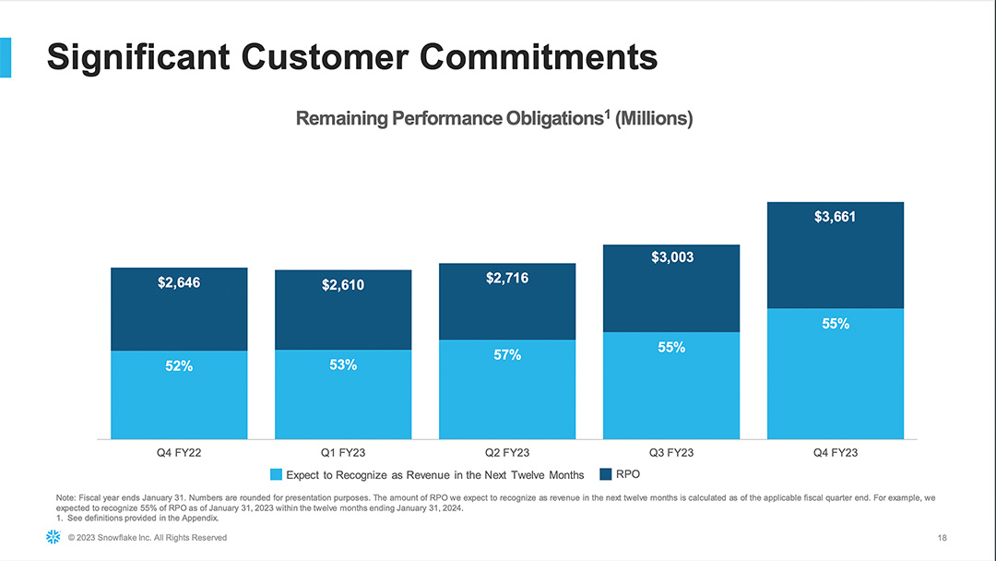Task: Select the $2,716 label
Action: coord(507,278)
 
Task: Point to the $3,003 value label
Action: coord(671,258)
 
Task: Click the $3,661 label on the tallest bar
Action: coord(836,218)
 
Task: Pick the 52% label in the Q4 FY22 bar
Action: coord(179,366)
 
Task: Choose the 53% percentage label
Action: coord(343,365)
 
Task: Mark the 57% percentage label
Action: coord(507,355)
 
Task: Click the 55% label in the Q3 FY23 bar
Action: coord(671,348)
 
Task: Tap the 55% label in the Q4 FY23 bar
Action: coord(836,325)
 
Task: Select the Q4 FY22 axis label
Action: coord(179,453)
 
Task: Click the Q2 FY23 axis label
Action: coord(507,453)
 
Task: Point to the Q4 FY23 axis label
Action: coord(836,453)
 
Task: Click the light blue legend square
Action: coord(276,475)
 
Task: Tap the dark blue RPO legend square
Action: coord(606,474)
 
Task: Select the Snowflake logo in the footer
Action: coord(53,538)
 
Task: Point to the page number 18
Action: coord(942,538)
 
